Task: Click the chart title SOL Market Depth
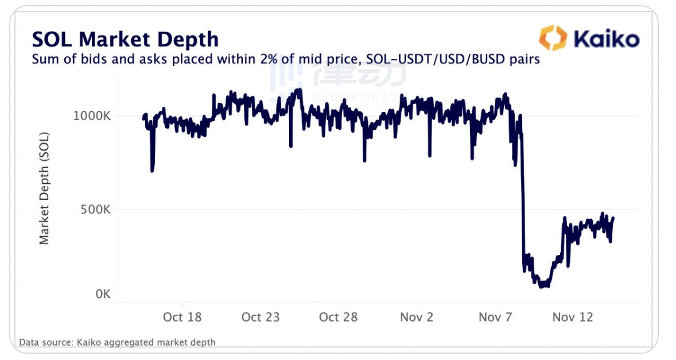tap(125, 39)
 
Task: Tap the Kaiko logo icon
tap(553, 38)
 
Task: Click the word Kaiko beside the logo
tap(606, 39)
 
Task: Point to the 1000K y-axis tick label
tap(92, 116)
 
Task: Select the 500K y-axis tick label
tap(95, 210)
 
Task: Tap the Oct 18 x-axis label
tap(182, 317)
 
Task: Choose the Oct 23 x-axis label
tap(261, 317)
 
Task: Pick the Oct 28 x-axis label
tap(339, 317)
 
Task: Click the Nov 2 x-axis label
tap(417, 317)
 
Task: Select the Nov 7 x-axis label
tap(495, 317)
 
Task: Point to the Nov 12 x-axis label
tap(572, 317)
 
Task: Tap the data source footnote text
tap(118, 342)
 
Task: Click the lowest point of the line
tap(542, 285)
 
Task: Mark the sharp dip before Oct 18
tap(152, 170)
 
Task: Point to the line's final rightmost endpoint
tap(613, 218)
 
